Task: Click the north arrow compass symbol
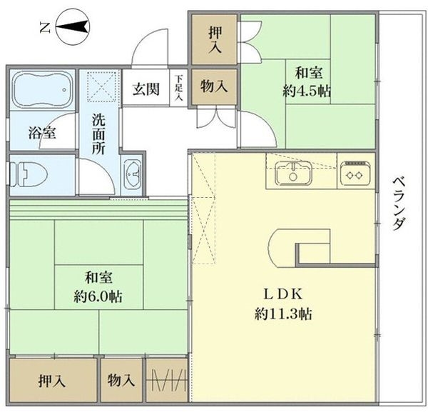(70, 28)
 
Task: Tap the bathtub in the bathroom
(42, 91)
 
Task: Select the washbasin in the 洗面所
(132, 174)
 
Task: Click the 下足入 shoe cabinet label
(178, 88)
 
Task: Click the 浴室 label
(39, 133)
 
